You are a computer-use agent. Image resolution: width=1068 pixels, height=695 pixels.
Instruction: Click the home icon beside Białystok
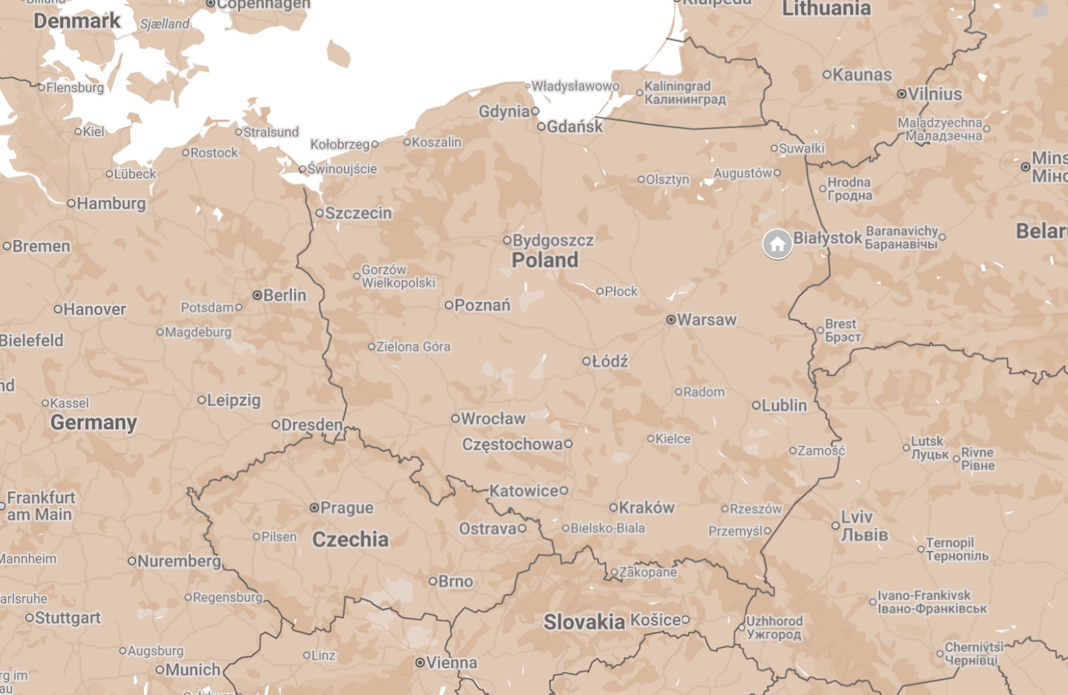pos(777,244)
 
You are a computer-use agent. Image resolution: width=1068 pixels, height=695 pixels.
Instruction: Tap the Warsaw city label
pos(706,320)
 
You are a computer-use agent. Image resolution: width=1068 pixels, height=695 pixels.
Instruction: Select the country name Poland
pos(544,260)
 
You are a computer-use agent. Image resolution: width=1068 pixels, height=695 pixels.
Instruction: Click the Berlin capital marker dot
pos(257,295)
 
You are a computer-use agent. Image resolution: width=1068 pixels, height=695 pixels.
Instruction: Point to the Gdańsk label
pos(574,127)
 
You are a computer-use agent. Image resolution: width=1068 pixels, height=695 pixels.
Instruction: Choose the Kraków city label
pos(646,507)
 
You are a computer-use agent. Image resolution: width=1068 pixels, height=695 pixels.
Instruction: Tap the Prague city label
pos(347,508)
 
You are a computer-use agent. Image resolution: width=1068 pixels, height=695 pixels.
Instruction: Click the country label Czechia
pos(350,539)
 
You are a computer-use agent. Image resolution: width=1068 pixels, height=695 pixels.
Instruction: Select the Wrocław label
pos(493,418)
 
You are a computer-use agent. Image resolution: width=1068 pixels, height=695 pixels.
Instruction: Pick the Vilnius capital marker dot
pos(901,94)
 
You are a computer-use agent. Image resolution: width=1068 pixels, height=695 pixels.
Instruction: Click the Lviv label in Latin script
pos(857,517)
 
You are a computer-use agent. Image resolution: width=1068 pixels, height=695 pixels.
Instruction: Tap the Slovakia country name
pos(584,622)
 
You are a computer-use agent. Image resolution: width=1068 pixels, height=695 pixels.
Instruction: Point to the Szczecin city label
pos(358,213)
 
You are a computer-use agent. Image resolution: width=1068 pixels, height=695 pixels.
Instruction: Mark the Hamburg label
pos(111,203)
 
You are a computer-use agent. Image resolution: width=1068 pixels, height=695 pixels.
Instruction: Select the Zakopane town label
pos(648,572)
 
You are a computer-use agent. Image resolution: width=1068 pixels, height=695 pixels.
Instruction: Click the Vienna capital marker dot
pos(420,662)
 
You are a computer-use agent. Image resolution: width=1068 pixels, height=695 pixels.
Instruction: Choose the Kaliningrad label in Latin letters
pos(677,86)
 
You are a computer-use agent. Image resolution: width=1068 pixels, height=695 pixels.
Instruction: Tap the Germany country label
pos(94,422)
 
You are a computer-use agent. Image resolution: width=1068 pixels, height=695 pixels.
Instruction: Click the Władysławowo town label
pos(575,86)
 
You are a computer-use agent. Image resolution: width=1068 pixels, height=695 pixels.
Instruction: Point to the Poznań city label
pos(482,305)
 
